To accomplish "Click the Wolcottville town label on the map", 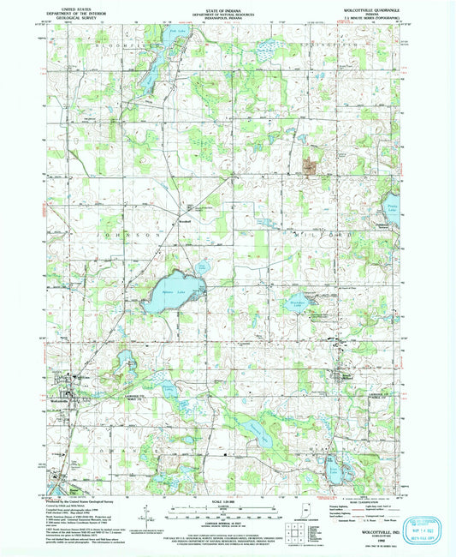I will coord(59,402).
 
